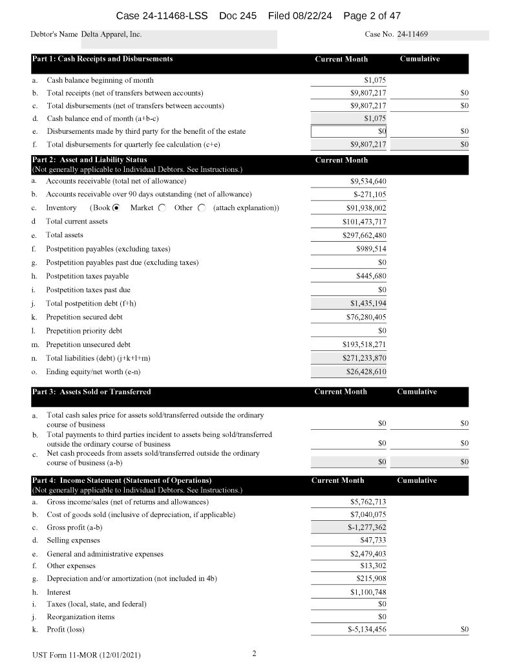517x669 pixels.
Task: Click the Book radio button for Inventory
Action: pyautogui.click(x=116, y=208)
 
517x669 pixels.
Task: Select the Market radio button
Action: pyautogui.click(x=162, y=208)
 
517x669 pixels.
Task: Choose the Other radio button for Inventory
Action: pyautogui.click(x=202, y=208)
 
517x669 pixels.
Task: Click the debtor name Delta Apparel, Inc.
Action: pyautogui.click(x=112, y=34)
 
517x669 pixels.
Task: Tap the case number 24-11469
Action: pyautogui.click(x=413, y=34)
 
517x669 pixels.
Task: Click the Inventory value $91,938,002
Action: pyautogui.click(x=366, y=208)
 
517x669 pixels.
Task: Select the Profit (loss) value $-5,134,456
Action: pyautogui.click(x=366, y=629)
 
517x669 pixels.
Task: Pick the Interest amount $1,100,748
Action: pyautogui.click(x=368, y=592)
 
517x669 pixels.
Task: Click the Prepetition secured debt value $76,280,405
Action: pyautogui.click(x=366, y=317)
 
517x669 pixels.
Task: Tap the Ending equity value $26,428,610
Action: pyautogui.click(x=366, y=372)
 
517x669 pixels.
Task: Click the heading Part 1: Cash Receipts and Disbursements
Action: pyautogui.click(x=102, y=59)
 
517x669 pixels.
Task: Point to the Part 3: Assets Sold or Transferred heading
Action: pyautogui.click(x=91, y=392)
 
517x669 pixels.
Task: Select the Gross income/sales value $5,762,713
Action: pyautogui.click(x=368, y=502)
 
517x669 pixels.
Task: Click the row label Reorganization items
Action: pyautogui.click(x=81, y=617)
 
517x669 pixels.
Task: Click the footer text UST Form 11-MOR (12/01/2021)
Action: pyautogui.click(x=86, y=655)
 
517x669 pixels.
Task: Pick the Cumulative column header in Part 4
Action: pyautogui.click(x=417, y=480)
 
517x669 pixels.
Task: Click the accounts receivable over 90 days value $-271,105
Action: pyautogui.click(x=370, y=194)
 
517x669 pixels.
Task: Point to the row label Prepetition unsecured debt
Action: pyautogui.click(x=88, y=345)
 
